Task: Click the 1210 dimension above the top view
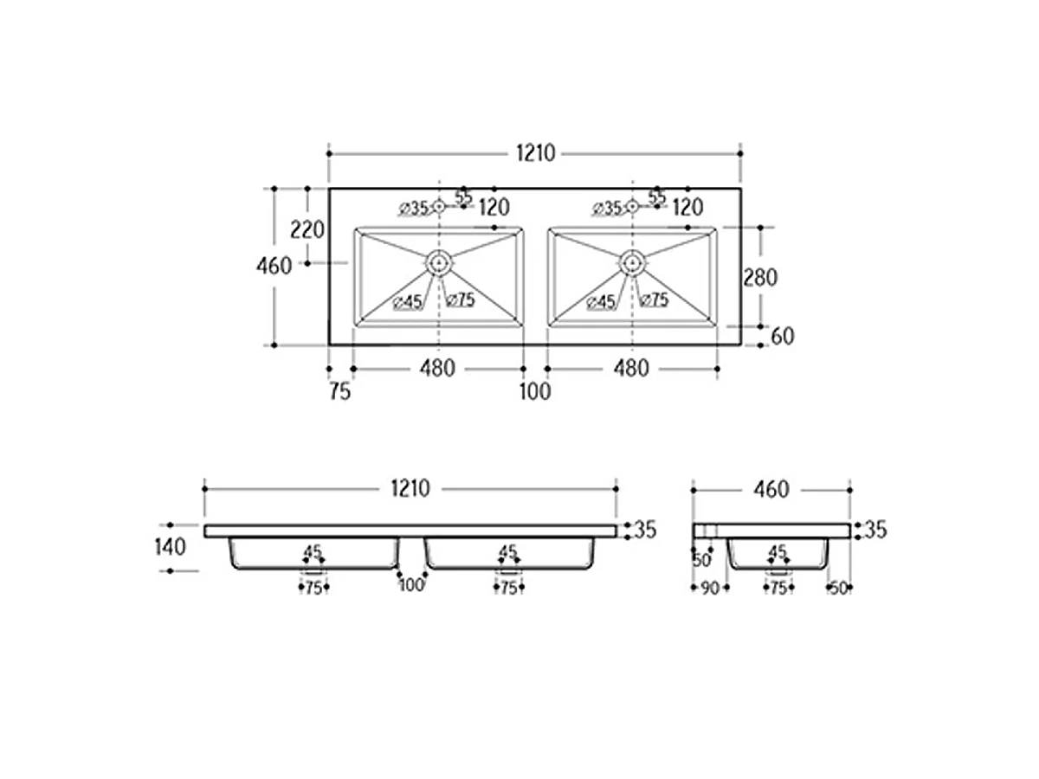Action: pos(535,153)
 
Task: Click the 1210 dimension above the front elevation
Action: pos(410,488)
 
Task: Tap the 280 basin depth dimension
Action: pos(759,278)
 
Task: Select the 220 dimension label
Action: pos(307,230)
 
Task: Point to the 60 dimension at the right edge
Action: pos(783,337)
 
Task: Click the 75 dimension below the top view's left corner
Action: pos(340,391)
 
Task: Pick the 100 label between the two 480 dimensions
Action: pos(535,391)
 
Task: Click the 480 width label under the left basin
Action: pos(437,369)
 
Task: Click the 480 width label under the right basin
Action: pos(631,369)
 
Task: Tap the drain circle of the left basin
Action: pos(439,263)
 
